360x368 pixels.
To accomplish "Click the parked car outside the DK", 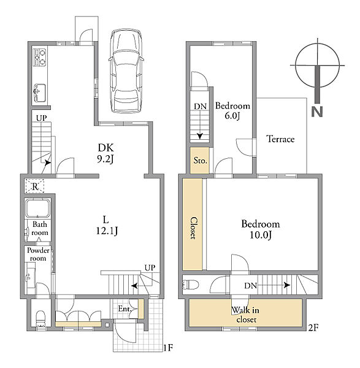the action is point(126,71).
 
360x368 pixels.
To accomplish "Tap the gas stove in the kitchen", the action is point(40,57).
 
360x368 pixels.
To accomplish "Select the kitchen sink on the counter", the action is point(40,93).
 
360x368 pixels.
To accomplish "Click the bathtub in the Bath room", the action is point(37,209).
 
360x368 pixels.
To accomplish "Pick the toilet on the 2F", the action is point(190,285).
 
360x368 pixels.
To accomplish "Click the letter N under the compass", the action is point(317,112).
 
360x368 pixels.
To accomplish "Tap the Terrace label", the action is point(280,139).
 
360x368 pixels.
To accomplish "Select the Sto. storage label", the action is point(200,161).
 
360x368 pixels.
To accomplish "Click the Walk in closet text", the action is point(245,315).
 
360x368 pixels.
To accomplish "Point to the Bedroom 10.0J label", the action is point(261,229).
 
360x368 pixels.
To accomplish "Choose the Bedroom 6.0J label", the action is point(232,111).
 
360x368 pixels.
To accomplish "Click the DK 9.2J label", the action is point(105,153).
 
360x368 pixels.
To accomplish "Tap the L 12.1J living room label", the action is point(107,225).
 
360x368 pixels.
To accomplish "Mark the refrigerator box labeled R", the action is point(35,186).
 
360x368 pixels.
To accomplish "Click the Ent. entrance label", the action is point(124,309).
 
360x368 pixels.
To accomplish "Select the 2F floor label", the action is point(313,328).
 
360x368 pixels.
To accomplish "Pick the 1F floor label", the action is point(168,348).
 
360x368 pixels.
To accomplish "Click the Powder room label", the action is point(38,254).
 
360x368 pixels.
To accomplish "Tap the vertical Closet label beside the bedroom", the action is point(193,228).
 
